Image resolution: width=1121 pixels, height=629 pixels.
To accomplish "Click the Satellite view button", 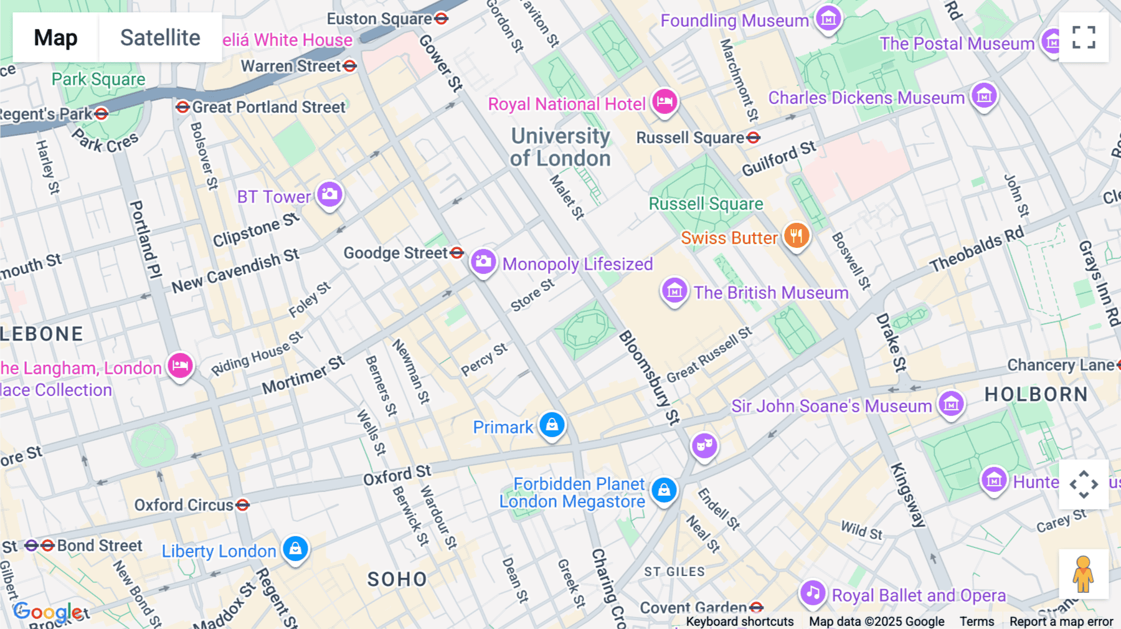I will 160,37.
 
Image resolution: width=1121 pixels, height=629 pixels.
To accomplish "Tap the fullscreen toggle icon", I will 1084,37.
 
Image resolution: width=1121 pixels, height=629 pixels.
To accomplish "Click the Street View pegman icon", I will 1083,574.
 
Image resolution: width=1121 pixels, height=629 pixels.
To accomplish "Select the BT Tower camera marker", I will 329,194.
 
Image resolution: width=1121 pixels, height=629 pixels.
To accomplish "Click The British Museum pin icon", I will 674,291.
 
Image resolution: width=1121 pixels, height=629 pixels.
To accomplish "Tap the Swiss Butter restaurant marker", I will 796,236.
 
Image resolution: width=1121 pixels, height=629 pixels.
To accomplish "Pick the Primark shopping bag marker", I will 552,425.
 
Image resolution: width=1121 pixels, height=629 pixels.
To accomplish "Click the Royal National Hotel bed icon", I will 665,101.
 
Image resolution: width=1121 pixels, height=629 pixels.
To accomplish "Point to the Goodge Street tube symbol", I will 457,252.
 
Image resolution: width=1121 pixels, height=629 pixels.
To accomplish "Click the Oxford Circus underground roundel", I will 243,504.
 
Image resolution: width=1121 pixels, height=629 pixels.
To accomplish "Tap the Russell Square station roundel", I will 754,138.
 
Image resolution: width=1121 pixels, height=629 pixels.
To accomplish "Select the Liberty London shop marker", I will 296,549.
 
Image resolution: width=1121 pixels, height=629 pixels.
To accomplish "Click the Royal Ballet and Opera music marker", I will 813,593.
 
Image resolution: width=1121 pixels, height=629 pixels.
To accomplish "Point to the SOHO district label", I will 397,579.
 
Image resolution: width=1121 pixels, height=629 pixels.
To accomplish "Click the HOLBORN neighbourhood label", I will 1036,394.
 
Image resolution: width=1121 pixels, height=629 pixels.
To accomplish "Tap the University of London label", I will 560,147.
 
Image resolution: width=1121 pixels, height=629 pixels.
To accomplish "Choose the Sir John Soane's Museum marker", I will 951,404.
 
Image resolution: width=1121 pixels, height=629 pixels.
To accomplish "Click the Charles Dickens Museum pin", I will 984,96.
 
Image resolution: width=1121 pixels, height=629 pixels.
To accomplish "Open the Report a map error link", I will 1061,621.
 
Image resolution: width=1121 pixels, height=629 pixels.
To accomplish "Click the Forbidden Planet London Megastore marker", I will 664,490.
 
